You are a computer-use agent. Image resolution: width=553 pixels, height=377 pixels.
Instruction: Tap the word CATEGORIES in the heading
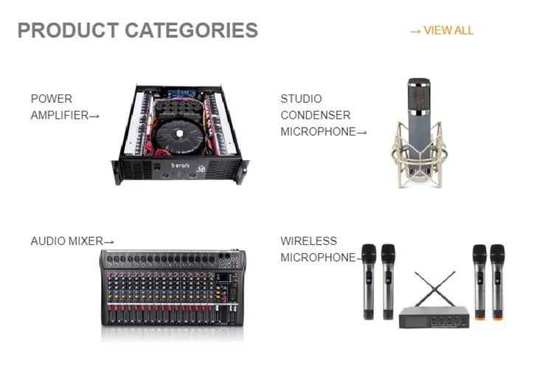pos(191,30)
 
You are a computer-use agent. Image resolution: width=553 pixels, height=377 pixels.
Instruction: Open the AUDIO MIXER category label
pos(67,241)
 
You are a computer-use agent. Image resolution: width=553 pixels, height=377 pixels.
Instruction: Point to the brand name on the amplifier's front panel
pos(181,166)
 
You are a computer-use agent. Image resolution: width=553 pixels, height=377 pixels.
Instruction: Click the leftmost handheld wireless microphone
pos(369,280)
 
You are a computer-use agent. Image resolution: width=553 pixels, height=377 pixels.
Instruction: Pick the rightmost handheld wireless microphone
pos(498,280)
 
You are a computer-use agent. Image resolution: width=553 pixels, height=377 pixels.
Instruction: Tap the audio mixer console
pos(173,291)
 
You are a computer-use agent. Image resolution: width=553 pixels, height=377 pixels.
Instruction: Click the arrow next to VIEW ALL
pos(415,31)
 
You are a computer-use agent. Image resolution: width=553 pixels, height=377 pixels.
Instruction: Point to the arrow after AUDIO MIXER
pos(109,242)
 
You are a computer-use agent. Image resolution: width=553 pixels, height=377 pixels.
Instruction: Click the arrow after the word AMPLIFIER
pos(94,116)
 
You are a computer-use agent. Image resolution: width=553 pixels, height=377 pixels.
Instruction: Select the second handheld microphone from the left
pos(388,280)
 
